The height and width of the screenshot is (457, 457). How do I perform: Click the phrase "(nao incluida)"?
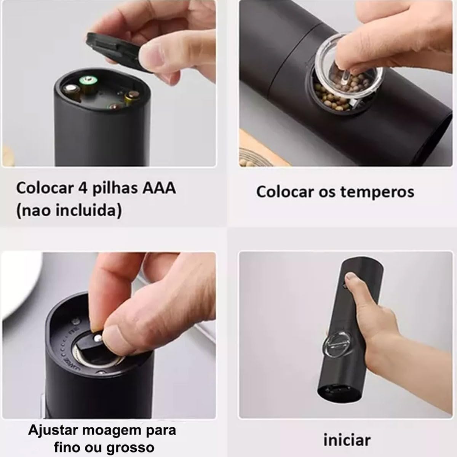pos(69,210)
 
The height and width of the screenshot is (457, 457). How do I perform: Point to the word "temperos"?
pos(377,192)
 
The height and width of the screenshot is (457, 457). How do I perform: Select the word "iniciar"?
pos(347,440)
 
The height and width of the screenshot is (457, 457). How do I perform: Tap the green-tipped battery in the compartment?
pos(87,81)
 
